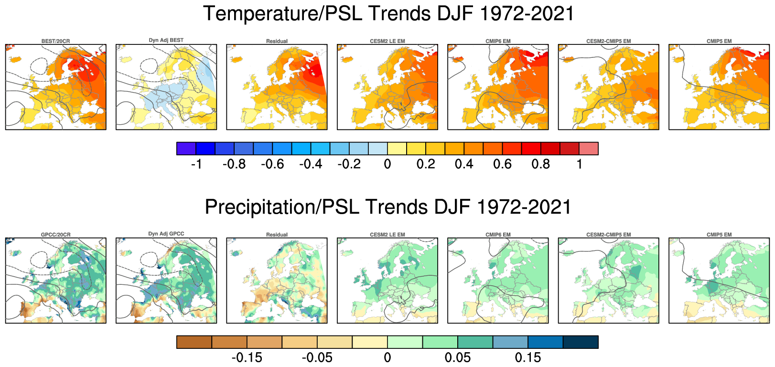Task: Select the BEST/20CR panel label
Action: point(55,41)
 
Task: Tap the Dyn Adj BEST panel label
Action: point(166,40)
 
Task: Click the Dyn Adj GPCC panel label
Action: point(166,234)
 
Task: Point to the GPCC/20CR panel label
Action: point(55,235)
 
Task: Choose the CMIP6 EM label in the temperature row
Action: point(498,41)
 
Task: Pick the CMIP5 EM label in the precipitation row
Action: point(719,235)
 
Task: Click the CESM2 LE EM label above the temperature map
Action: point(387,41)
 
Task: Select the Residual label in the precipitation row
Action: point(277,235)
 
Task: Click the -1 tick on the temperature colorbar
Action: point(196,164)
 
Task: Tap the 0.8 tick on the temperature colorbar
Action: point(541,164)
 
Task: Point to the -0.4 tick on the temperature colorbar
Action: point(311,164)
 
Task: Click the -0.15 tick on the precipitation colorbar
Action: point(247,357)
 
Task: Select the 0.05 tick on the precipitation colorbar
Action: point(457,357)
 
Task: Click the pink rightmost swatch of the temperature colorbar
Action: point(589,149)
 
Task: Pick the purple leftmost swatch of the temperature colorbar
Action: point(186,149)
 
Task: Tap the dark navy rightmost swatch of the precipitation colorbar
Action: point(581,342)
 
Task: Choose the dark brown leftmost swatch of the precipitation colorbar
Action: point(194,342)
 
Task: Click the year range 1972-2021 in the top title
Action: point(526,13)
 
